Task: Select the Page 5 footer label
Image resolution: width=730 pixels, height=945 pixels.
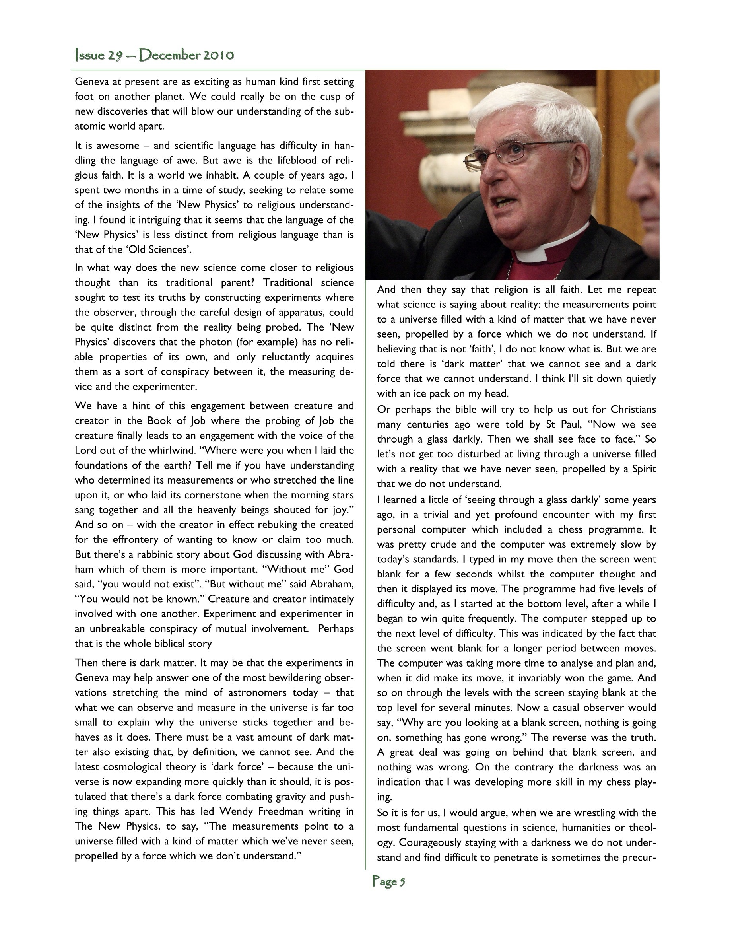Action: [x=389, y=881]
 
